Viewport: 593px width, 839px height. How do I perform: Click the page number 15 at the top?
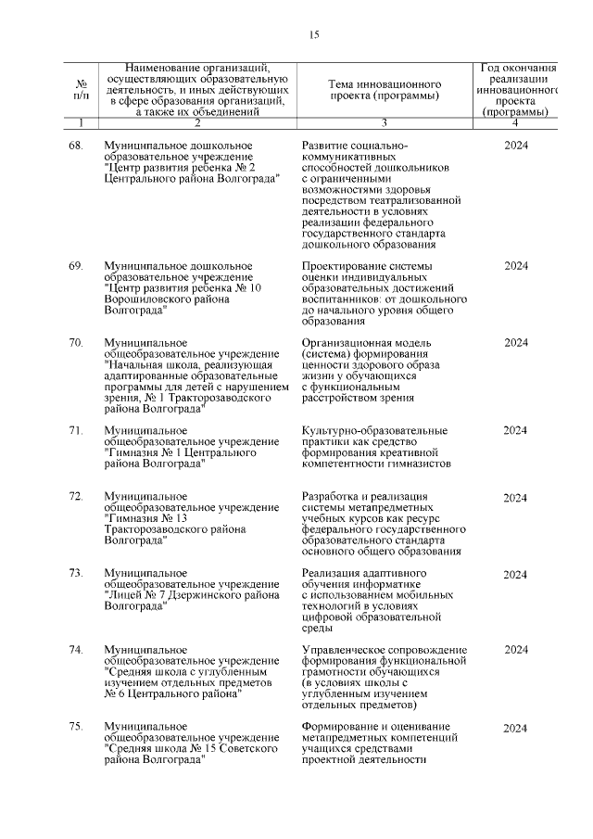coord(314,35)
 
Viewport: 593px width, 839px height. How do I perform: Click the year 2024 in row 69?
coord(516,266)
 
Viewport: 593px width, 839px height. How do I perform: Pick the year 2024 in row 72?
coord(516,497)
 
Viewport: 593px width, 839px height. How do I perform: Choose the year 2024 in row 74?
coord(516,650)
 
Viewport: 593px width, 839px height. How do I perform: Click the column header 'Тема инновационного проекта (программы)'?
coord(383,90)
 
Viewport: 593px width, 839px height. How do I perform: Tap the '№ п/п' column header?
coord(82,90)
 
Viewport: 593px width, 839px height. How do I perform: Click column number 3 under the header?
coord(383,122)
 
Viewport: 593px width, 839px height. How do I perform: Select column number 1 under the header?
coord(82,122)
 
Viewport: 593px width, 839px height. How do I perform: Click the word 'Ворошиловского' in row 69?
coord(149,299)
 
